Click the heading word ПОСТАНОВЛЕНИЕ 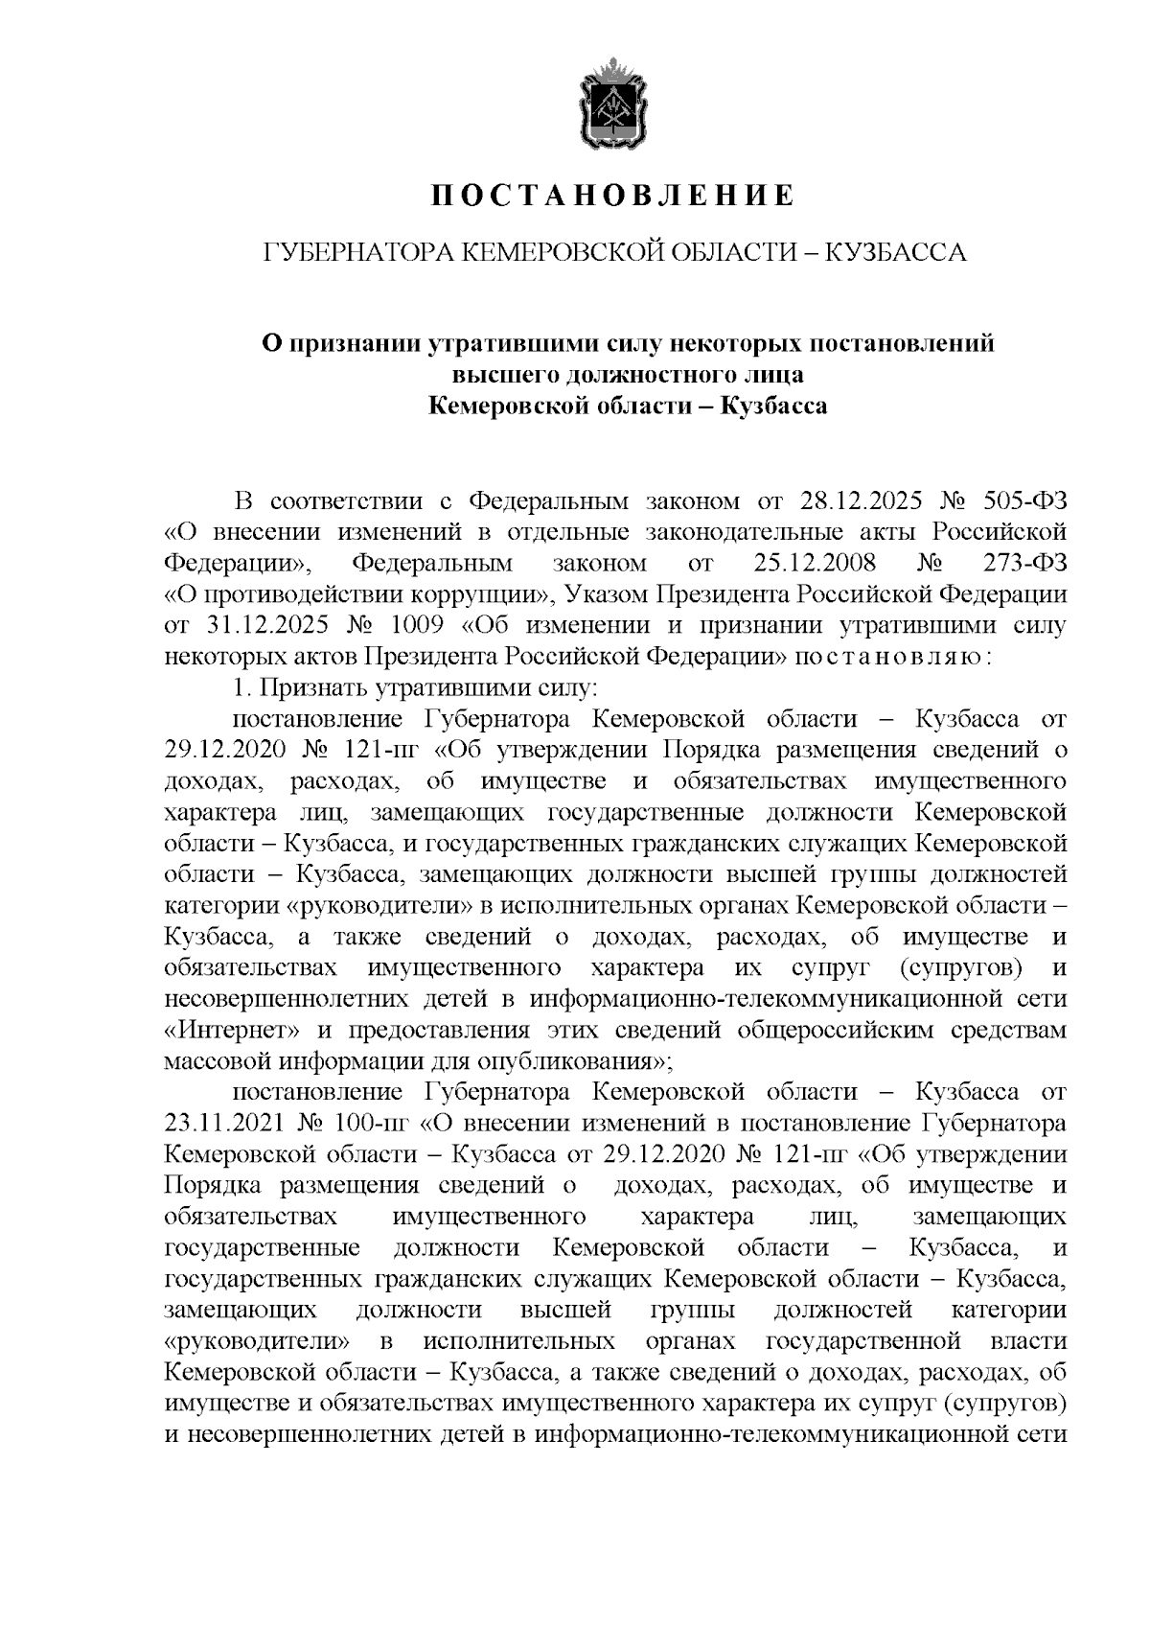(612, 196)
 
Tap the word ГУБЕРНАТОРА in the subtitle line (355, 253)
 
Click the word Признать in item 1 (298, 687)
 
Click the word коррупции (485, 594)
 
